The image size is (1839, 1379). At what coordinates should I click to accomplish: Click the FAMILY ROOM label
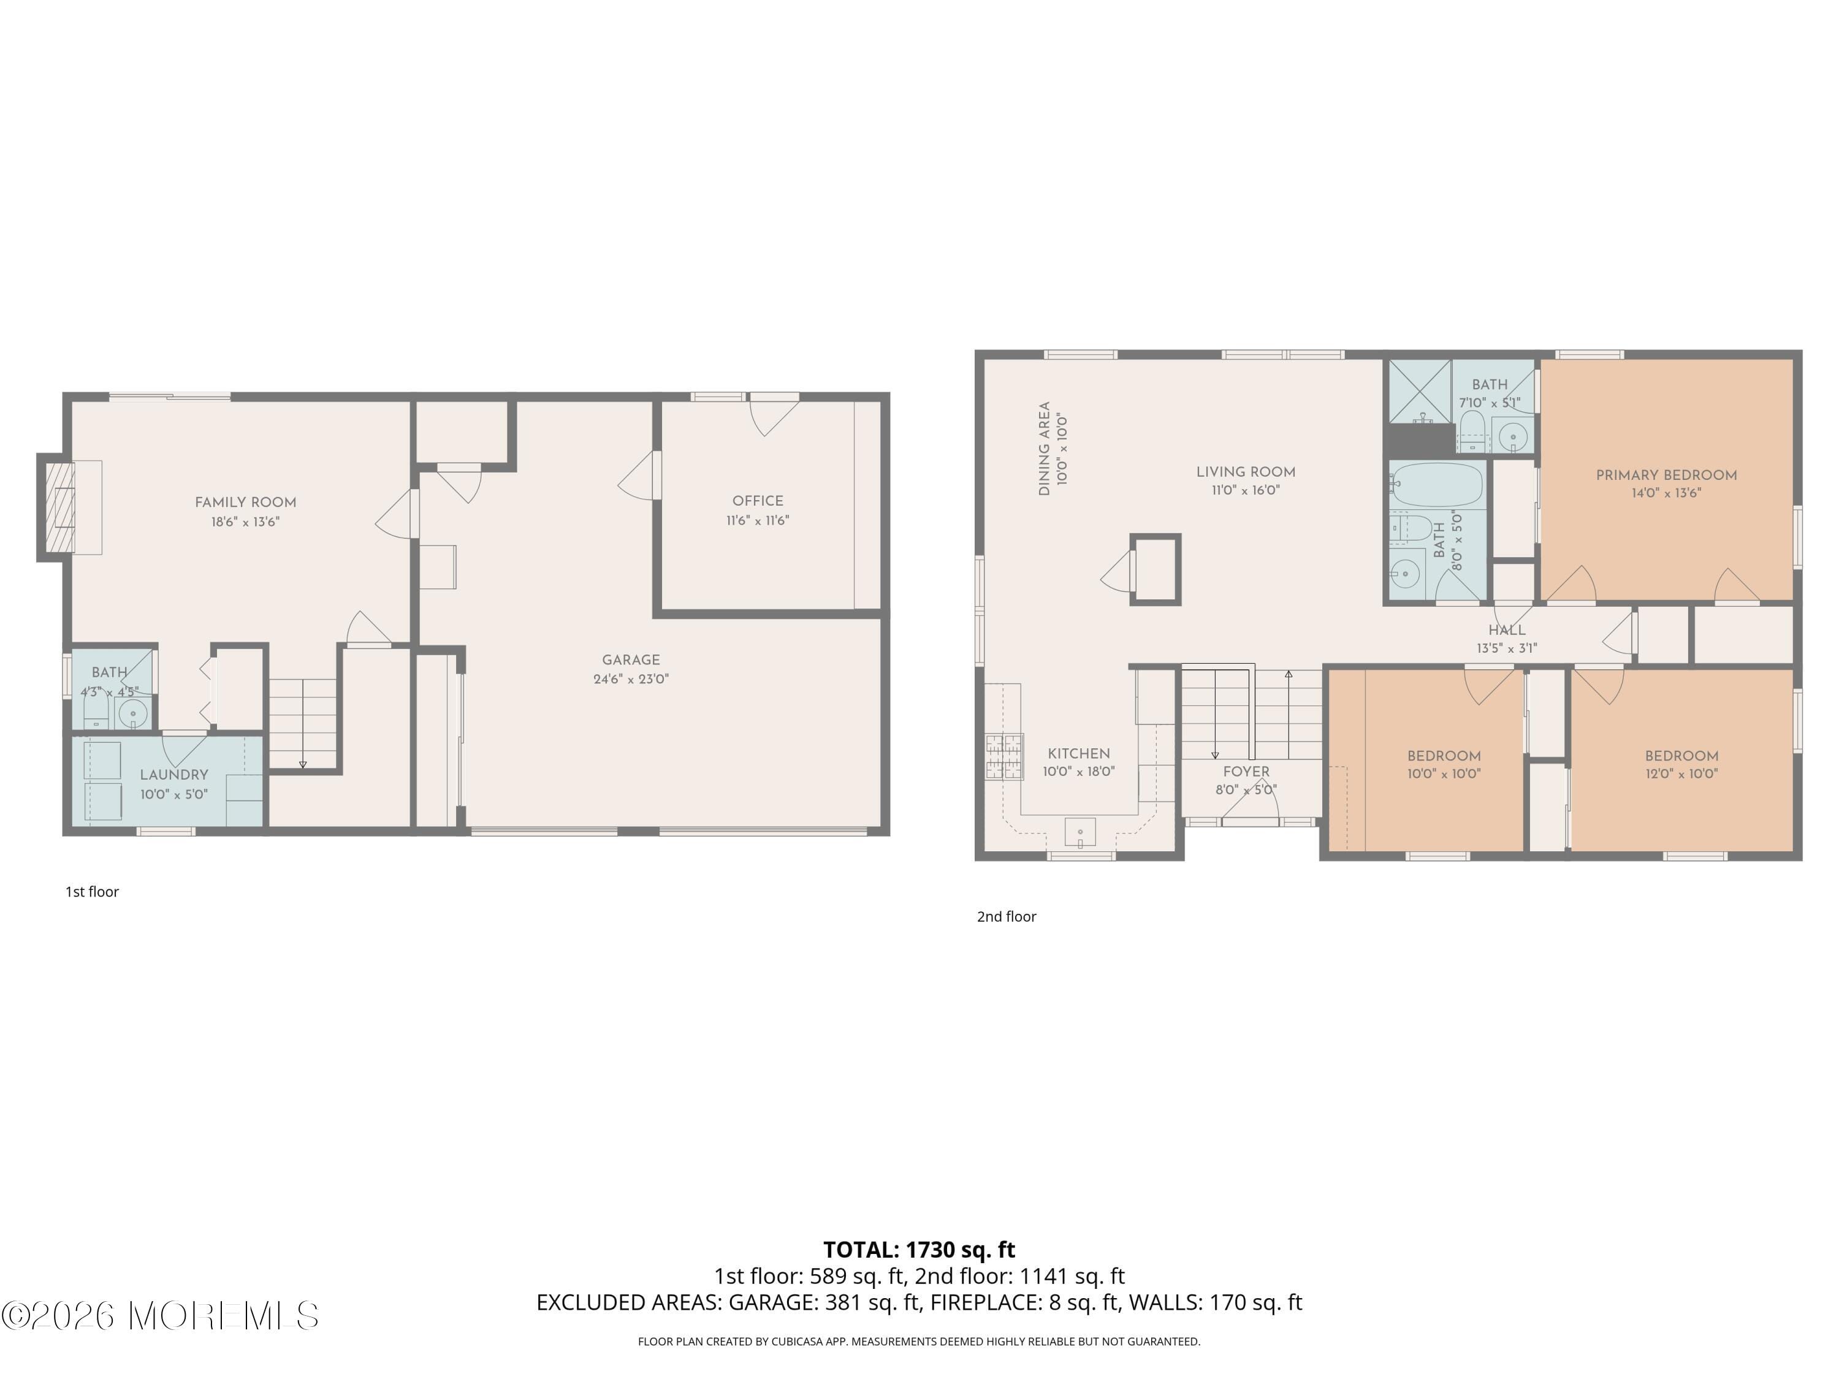tap(245, 502)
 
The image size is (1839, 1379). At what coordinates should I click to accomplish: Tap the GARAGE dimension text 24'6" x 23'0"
tap(630, 679)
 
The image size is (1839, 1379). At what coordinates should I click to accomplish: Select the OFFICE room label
tap(758, 500)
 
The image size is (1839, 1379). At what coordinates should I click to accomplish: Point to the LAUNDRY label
tap(173, 775)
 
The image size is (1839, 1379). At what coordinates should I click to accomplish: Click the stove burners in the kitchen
tap(1004, 756)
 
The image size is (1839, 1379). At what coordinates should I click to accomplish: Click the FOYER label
tap(1246, 772)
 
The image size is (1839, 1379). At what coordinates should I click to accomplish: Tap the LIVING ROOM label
tap(1246, 472)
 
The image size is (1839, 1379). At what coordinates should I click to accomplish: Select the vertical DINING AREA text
tap(1044, 449)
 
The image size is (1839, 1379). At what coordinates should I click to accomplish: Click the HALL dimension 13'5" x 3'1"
tap(1507, 648)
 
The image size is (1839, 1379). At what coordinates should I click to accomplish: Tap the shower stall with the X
tap(1418, 390)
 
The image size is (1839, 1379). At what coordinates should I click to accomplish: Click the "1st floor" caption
tap(93, 891)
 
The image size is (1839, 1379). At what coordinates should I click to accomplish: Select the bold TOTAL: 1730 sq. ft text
tap(919, 1249)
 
